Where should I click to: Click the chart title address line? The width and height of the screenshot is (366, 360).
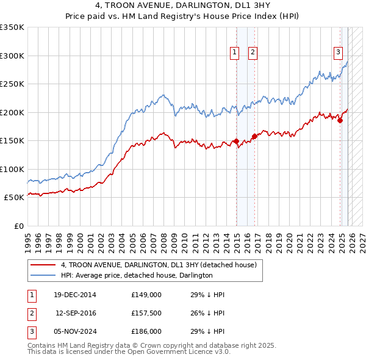pyautogui.click(x=183, y=7)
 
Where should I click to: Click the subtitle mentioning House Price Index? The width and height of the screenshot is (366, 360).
pyautogui.click(x=183, y=17)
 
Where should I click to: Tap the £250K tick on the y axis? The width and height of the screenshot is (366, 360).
pyautogui.click(x=12, y=84)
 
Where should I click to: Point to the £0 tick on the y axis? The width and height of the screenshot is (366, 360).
pyautogui.click(x=18, y=226)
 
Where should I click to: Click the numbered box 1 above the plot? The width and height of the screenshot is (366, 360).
pyautogui.click(x=235, y=53)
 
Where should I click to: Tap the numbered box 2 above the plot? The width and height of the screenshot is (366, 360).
pyautogui.click(x=252, y=53)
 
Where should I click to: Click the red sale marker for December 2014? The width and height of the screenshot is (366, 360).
pyautogui.click(x=236, y=141)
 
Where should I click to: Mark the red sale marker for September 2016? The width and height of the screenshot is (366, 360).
pyautogui.click(x=254, y=136)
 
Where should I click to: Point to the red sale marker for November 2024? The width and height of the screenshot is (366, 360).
pyautogui.click(x=340, y=120)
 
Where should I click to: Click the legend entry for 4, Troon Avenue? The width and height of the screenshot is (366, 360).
pyautogui.click(x=159, y=265)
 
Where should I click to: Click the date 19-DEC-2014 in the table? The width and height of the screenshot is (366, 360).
pyautogui.click(x=75, y=295)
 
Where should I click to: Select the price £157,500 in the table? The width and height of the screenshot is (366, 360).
pyautogui.click(x=146, y=313)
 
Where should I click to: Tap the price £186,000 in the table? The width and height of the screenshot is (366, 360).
pyautogui.click(x=146, y=331)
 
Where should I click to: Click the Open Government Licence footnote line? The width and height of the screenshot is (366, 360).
pyautogui.click(x=128, y=352)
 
